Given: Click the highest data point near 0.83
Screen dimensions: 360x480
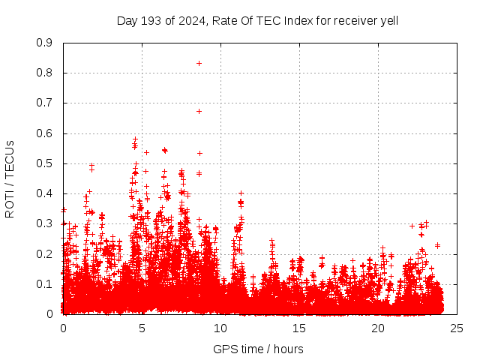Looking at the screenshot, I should (x=199, y=63).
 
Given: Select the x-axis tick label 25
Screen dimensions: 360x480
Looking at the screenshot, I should (x=457, y=328).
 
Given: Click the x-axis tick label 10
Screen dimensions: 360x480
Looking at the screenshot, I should (x=220, y=328).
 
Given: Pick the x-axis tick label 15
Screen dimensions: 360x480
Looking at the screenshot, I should (x=299, y=328).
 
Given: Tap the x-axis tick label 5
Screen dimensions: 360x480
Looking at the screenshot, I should (x=142, y=328).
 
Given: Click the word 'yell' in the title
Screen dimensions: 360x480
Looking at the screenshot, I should (x=388, y=20).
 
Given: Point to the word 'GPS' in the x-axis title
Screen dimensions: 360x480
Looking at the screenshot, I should (x=224, y=349).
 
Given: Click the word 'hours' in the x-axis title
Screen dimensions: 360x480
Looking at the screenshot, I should (x=287, y=349).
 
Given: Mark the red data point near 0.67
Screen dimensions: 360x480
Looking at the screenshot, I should (x=199, y=111).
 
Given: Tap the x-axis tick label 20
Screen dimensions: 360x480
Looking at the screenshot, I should (x=378, y=328).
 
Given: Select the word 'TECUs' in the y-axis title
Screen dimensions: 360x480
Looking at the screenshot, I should (x=10, y=160).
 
